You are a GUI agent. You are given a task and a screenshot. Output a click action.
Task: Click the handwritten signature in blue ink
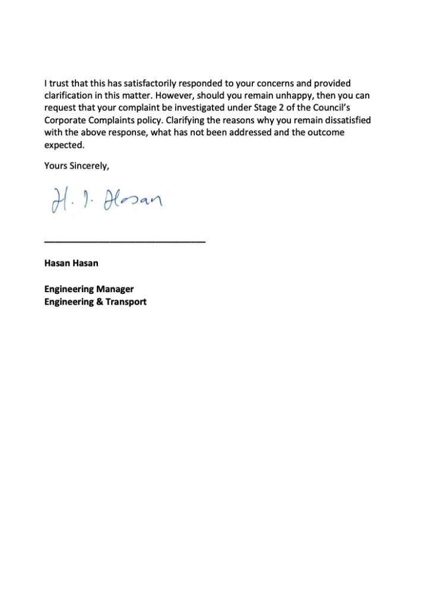tap(102, 200)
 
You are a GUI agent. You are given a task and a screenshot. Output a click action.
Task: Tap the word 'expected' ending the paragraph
tap(64, 145)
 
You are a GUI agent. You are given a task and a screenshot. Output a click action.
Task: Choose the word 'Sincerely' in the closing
tap(89, 166)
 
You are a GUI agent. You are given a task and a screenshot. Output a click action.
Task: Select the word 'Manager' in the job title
tap(115, 289)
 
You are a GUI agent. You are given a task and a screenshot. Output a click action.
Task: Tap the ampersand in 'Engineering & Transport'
tap(100, 302)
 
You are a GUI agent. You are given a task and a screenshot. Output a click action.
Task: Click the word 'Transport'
tap(126, 302)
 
